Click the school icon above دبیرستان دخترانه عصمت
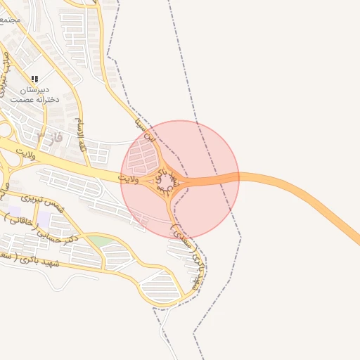coord(34,79)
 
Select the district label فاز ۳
coord(50,136)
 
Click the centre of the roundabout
coord(167,182)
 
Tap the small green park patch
coord(103,241)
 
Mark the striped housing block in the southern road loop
coord(162,287)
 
